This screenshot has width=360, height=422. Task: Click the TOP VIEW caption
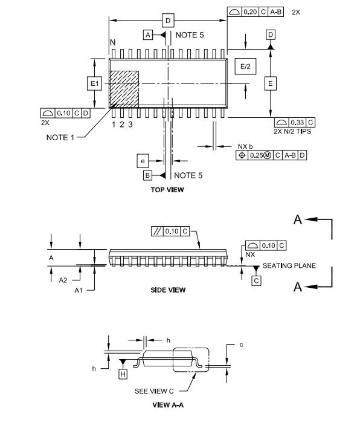tap(167, 190)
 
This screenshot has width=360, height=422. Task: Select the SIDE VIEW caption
tap(167, 290)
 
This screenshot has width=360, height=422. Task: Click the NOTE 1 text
tap(60, 137)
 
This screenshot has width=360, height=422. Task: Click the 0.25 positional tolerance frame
tap(271, 155)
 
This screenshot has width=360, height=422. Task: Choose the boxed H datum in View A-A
tap(123, 375)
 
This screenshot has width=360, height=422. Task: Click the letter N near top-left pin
tap(112, 42)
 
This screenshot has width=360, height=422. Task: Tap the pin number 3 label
tap(130, 124)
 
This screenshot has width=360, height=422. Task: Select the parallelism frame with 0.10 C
tap(171, 231)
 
